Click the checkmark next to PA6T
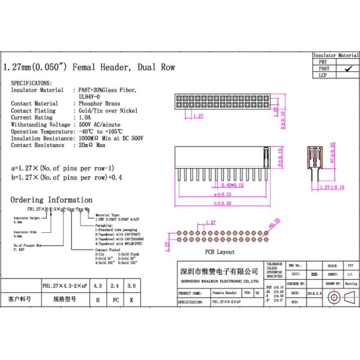(x=346, y=69)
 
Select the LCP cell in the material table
(x=323, y=76)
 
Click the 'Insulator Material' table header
(x=336, y=55)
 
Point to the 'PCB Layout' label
(x=220, y=253)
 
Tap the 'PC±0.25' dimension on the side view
(x=332, y=153)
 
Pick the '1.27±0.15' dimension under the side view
(x=332, y=187)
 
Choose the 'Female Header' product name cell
(x=226, y=293)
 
